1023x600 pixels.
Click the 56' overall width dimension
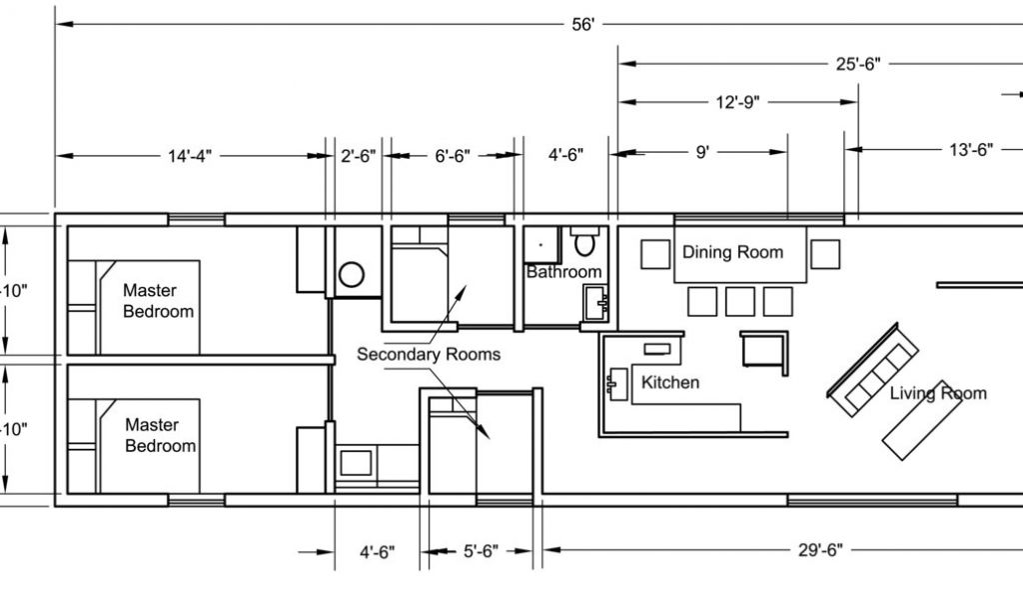click(583, 25)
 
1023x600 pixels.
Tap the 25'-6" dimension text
click(858, 64)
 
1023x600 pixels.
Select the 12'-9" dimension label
click(737, 103)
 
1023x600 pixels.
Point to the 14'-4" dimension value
click(190, 157)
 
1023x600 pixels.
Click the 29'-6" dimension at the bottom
click(821, 550)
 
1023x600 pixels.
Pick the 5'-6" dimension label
click(481, 552)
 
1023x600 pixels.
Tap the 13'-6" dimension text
click(971, 150)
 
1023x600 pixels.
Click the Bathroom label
click(563, 272)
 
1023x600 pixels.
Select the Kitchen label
click(670, 383)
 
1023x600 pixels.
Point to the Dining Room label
click(732, 253)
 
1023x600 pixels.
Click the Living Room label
click(938, 393)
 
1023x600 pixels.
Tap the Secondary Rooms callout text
click(429, 355)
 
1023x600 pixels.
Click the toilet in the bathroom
click(584, 242)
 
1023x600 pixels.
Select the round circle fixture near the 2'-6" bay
click(352, 275)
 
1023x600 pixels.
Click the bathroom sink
click(595, 302)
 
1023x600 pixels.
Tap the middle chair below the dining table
click(740, 302)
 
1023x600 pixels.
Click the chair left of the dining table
click(655, 255)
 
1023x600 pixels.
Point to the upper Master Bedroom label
click(158, 301)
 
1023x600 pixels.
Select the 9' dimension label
click(702, 153)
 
